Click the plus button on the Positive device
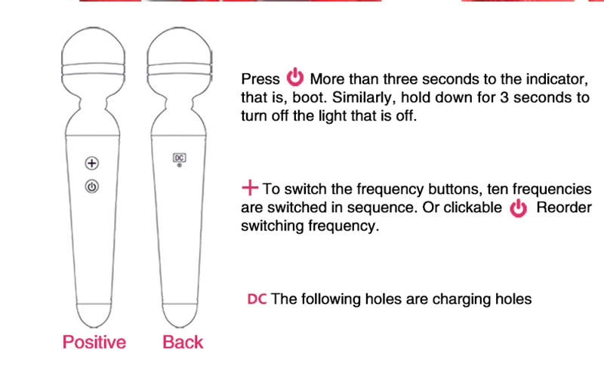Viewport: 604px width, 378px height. pos(91,163)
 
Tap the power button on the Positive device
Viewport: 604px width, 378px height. pos(91,186)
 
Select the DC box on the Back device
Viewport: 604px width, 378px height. pos(179,158)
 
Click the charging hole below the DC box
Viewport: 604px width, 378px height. pos(179,165)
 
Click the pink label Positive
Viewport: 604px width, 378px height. pos(94,342)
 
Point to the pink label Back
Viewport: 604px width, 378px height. pos(183,342)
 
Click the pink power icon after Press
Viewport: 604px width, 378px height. pos(295,77)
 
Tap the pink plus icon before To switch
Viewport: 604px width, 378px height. pos(250,187)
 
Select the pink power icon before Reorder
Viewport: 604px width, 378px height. pos(519,208)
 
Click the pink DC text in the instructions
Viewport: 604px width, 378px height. pos(257,299)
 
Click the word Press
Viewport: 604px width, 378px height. pos(260,79)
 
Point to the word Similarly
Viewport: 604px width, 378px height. pos(364,98)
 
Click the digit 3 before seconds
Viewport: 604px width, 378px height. pos(504,97)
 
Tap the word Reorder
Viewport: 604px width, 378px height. pos(564,207)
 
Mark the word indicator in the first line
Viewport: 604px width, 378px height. pos(557,79)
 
